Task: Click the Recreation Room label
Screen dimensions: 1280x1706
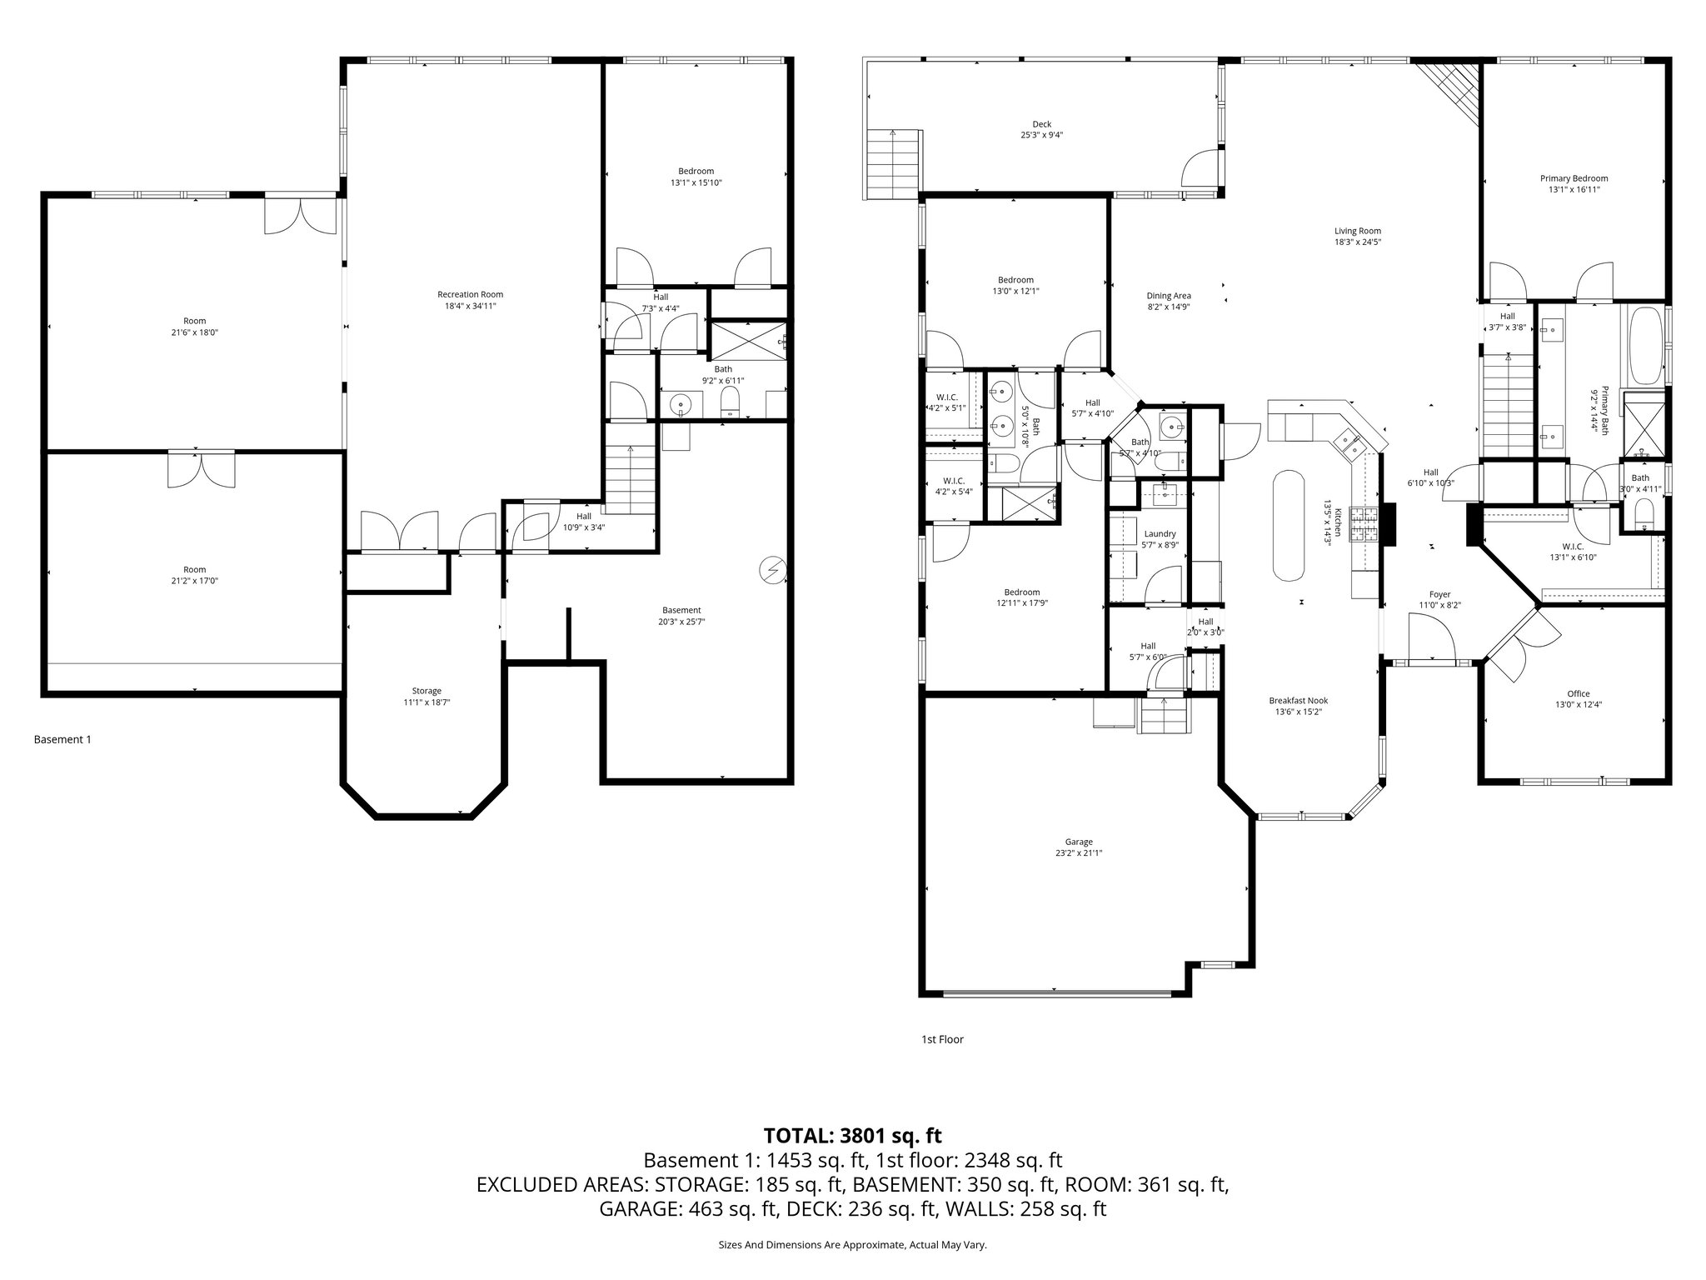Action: tap(470, 294)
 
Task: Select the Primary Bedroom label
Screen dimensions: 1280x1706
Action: tap(1574, 178)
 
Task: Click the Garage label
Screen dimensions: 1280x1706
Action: tap(1078, 842)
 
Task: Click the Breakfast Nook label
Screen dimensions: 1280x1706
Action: tap(1298, 701)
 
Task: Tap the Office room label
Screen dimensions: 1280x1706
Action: tap(1578, 693)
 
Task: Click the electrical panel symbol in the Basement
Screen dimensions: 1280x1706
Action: tap(772, 570)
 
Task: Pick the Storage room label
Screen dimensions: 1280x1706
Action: tap(426, 691)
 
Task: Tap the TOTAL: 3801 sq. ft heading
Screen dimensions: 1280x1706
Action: tap(852, 1135)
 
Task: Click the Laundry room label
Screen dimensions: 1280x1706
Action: tap(1160, 534)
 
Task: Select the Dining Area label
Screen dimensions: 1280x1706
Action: tap(1168, 296)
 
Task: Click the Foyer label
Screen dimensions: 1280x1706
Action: tap(1439, 594)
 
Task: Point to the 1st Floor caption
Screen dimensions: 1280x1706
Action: tap(941, 1039)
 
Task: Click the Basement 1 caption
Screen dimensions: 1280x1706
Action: tap(62, 739)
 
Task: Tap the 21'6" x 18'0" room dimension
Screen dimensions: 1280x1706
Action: tap(194, 332)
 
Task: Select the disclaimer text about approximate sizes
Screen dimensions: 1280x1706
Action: tap(852, 1245)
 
